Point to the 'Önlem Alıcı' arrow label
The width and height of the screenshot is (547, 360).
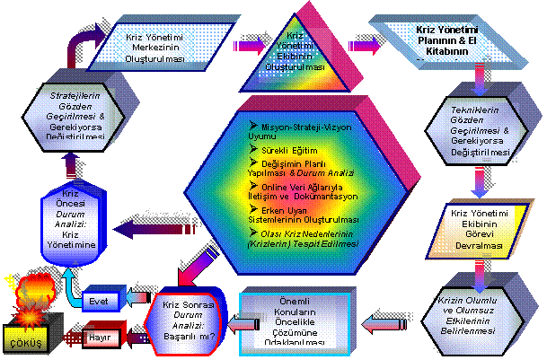tap(168, 212)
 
